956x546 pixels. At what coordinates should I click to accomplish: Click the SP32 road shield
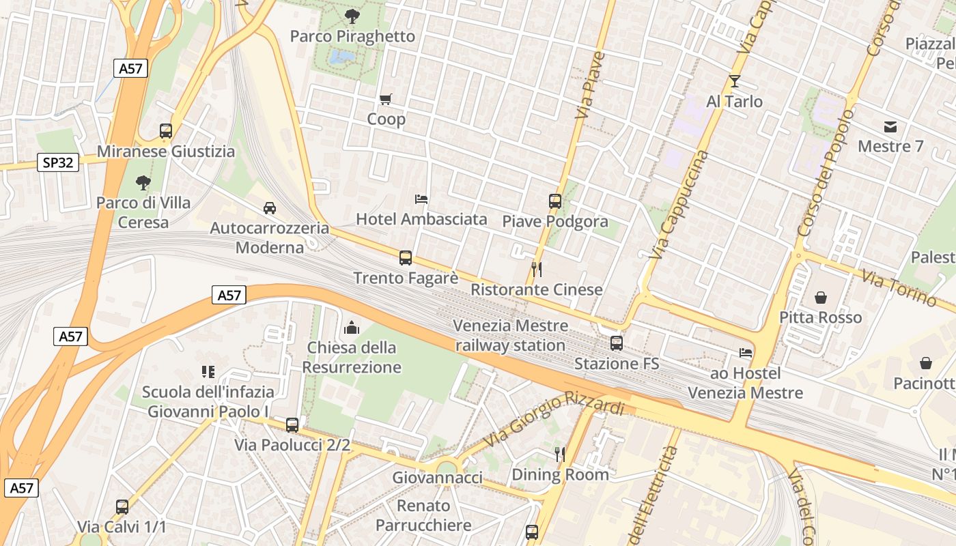tap(58, 162)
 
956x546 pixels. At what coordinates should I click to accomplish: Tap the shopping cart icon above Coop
tap(385, 100)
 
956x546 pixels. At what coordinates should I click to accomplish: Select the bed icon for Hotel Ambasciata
tap(422, 199)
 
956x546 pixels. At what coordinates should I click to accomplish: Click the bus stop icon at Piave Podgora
tap(555, 201)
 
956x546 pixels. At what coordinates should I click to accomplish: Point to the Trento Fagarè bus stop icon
tap(406, 258)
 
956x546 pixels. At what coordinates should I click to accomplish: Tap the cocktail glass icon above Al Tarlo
tap(734, 81)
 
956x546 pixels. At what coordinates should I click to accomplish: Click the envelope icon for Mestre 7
tap(890, 126)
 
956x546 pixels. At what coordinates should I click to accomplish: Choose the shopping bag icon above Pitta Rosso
tap(821, 298)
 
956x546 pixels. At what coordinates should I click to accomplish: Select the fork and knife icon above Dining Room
tap(560, 454)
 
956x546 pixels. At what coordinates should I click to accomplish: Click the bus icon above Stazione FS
tap(617, 343)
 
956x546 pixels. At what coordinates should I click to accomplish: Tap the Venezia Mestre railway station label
tap(510, 335)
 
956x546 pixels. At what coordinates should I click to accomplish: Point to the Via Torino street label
tap(899, 287)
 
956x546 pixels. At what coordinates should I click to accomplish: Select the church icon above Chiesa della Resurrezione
tap(352, 328)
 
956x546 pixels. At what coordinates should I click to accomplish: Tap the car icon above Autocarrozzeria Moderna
tap(270, 208)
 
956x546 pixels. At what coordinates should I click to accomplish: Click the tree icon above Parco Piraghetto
tap(352, 16)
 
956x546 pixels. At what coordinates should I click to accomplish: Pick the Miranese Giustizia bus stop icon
tap(165, 131)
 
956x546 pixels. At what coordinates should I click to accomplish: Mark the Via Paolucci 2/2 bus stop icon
tap(292, 425)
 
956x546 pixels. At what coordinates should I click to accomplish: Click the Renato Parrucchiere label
tap(423, 515)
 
